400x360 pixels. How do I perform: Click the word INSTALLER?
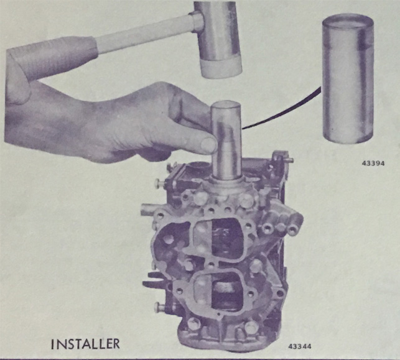(x=85, y=344)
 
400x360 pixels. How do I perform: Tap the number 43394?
(x=373, y=163)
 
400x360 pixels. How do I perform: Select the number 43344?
(x=300, y=346)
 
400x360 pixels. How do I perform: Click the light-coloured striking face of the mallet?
(x=221, y=68)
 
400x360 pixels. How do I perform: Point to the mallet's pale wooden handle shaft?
(x=146, y=34)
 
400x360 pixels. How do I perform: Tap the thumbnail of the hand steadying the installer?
(x=208, y=145)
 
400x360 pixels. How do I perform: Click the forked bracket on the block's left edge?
(x=152, y=280)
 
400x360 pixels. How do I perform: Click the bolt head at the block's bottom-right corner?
(x=252, y=327)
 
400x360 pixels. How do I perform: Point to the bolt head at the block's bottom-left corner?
(x=193, y=325)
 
